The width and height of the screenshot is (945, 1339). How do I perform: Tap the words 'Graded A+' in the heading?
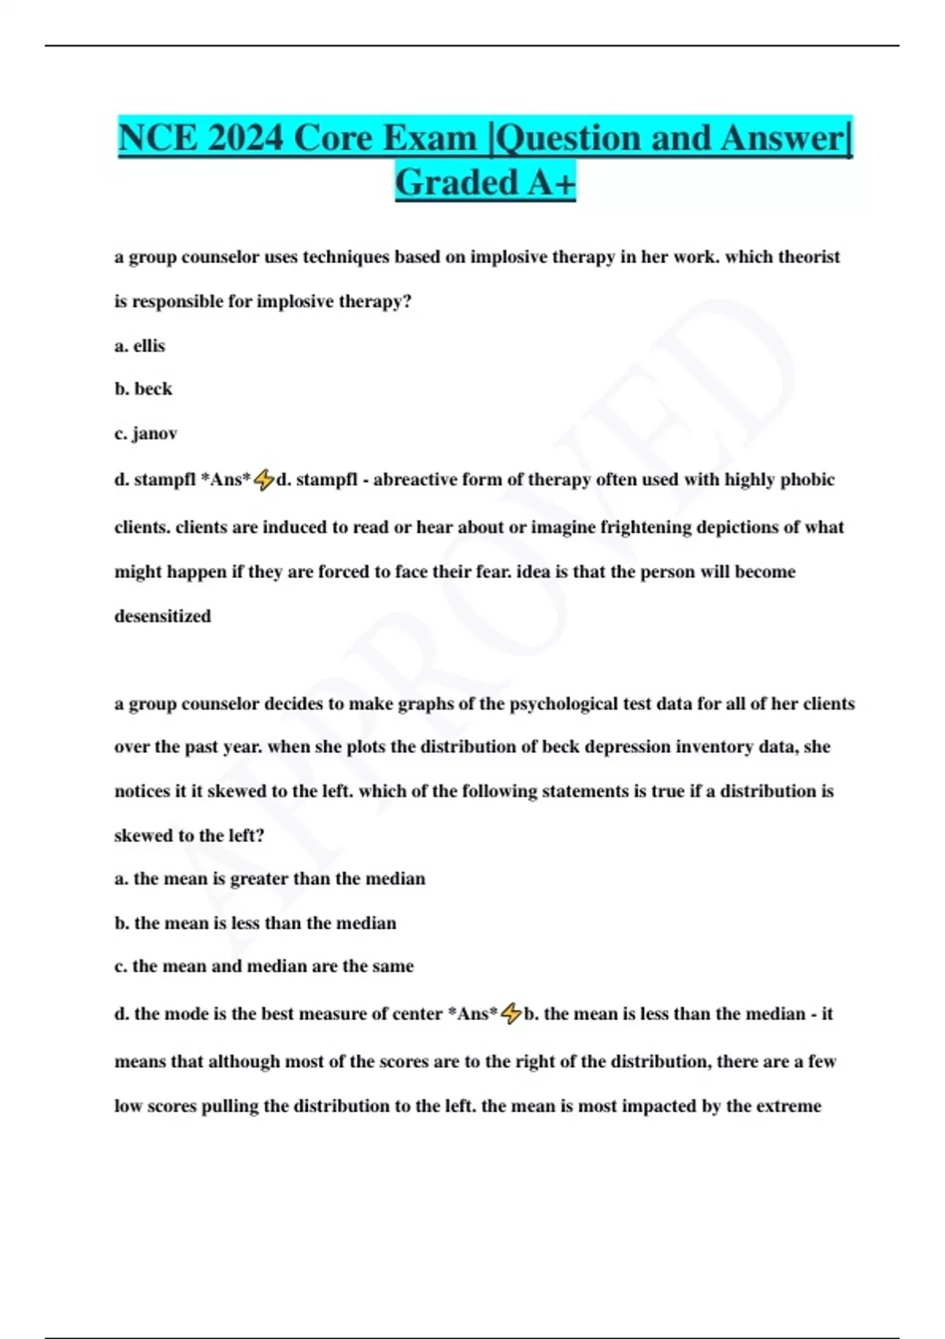click(x=485, y=183)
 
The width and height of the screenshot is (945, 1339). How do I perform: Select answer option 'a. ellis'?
click(x=140, y=346)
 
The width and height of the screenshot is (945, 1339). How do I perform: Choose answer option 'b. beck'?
click(x=143, y=389)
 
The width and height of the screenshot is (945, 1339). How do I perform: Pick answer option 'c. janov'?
click(x=146, y=433)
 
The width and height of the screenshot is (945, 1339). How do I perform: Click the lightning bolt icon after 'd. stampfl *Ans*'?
click(x=264, y=480)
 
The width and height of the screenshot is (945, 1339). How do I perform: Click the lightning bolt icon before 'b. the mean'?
click(x=511, y=1014)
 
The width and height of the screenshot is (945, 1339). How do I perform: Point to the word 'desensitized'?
click(x=163, y=616)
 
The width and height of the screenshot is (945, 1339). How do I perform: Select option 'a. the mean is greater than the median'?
click(x=270, y=879)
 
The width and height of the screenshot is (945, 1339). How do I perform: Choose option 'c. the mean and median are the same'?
click(x=264, y=966)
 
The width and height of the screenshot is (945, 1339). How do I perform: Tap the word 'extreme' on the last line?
click(x=788, y=1106)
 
